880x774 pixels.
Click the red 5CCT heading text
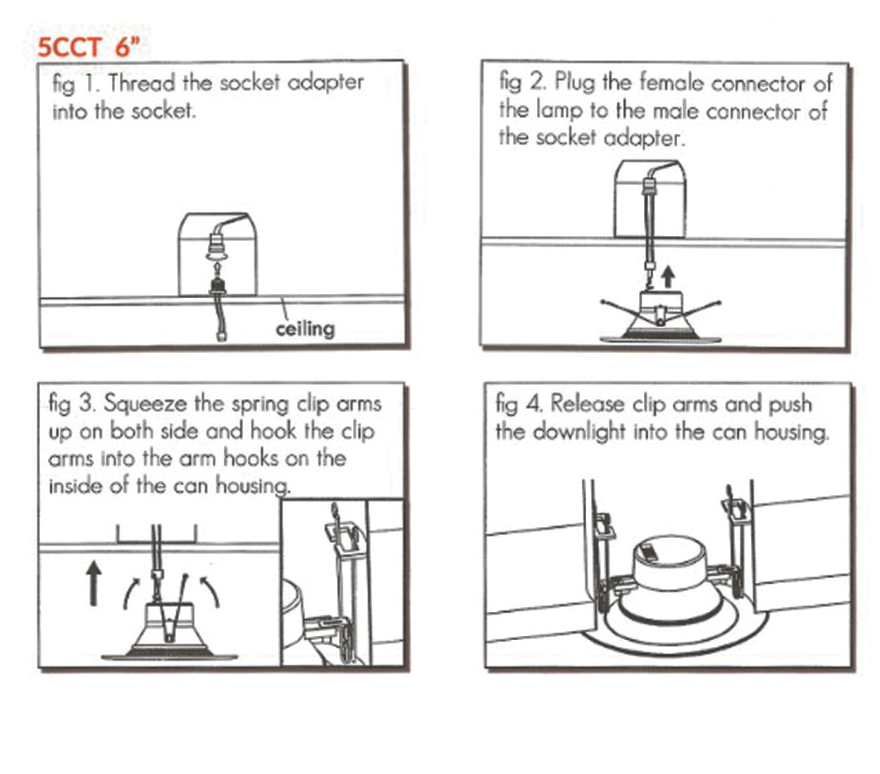[70, 47]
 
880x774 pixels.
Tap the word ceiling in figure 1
[305, 329]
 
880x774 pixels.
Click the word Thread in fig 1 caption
[142, 82]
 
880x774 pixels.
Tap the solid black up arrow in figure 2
[668, 277]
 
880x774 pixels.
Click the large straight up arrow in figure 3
[93, 583]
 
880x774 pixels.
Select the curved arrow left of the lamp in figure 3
[130, 594]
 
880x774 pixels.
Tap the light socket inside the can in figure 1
[217, 247]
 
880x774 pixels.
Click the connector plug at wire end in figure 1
[221, 336]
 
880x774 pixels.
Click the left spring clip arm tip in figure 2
[602, 301]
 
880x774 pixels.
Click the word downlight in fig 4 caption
[579, 432]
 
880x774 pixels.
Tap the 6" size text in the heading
[128, 47]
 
